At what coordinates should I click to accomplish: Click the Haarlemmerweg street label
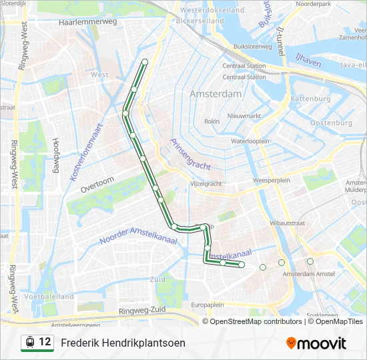[x=87, y=22]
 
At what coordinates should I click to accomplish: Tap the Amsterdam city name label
[x=216, y=94]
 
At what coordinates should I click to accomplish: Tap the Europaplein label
[x=207, y=305]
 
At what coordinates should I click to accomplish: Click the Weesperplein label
[x=270, y=181]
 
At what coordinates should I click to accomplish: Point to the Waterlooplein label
[x=250, y=141]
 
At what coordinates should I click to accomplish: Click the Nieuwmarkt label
[x=244, y=115]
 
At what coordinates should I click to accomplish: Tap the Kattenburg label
[x=310, y=99]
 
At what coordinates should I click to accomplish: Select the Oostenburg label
[x=331, y=123]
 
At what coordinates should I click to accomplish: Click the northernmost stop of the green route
[x=145, y=62]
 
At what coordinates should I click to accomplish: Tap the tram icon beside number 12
[x=29, y=343]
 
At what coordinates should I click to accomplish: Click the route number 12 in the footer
[x=45, y=342]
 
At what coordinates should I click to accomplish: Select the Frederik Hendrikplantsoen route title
[x=123, y=343]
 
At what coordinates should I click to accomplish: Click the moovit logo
[x=316, y=343]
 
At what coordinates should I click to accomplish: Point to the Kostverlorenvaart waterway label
[x=85, y=151]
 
